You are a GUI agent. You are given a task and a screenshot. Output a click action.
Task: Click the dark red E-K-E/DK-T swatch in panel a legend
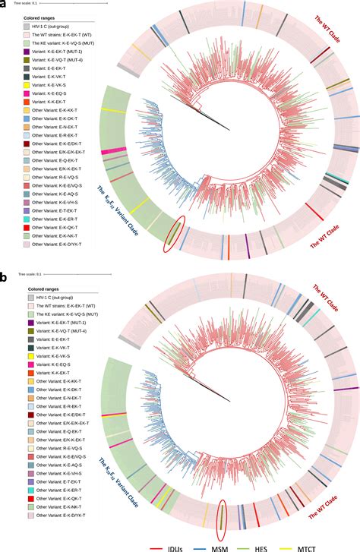click(27, 143)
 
